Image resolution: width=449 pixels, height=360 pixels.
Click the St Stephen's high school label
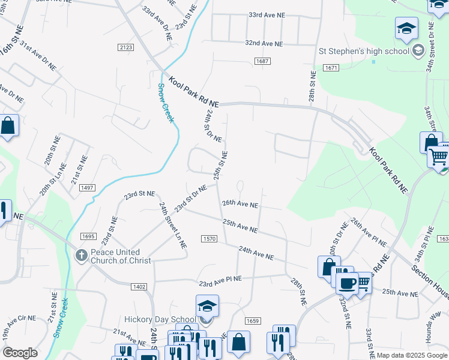pos(372,51)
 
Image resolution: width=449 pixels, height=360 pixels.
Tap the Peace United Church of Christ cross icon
pos(81,256)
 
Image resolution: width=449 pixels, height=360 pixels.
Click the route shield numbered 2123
pos(126,47)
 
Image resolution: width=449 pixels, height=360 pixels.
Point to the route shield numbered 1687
pos(262,61)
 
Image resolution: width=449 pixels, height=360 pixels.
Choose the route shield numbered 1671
pos(330,68)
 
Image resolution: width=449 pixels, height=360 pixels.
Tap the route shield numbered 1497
pos(87,188)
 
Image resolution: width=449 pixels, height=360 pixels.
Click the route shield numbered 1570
pos(209,238)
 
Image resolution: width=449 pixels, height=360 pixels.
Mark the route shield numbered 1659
pos(253,321)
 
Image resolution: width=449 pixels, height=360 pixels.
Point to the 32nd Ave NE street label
pos(263,43)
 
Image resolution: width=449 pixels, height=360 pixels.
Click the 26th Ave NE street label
pos(240,204)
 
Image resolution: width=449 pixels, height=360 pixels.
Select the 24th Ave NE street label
pos(256,253)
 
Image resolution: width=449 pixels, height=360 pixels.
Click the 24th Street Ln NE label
pos(173,225)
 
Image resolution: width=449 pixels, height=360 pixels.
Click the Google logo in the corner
pos(20,352)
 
